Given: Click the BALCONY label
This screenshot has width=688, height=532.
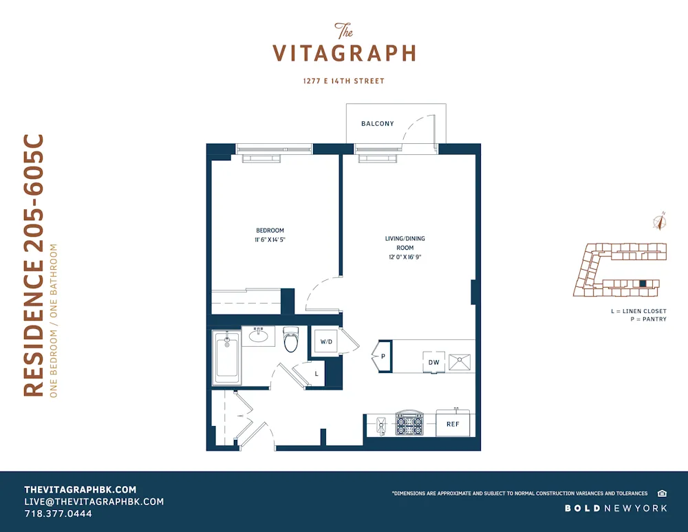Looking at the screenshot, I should (378, 124).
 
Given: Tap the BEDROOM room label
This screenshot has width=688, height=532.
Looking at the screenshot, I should (270, 231).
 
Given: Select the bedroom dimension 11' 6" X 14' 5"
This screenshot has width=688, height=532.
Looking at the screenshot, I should (270, 241).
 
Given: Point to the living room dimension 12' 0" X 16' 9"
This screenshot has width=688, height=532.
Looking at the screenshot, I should (405, 257).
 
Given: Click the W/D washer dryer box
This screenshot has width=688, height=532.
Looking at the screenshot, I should (325, 341).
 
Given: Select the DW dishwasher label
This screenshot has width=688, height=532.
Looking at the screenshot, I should (434, 361).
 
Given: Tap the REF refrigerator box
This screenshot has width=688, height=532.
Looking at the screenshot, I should (453, 424).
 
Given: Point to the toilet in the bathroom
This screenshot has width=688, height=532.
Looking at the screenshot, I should (291, 339).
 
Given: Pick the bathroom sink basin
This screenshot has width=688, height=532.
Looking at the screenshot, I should (259, 337).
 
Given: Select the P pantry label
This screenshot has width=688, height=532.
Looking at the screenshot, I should (383, 357).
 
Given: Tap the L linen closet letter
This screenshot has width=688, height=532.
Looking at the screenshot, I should (316, 373).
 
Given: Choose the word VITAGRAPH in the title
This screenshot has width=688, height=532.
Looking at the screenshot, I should (344, 54).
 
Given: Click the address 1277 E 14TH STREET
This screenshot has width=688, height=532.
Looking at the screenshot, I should (344, 81).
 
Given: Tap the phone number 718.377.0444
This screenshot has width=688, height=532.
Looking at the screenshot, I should (58, 513).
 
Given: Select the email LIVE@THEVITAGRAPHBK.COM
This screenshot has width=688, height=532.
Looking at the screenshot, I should (94, 502).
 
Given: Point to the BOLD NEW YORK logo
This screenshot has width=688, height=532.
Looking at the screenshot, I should (616, 508).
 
